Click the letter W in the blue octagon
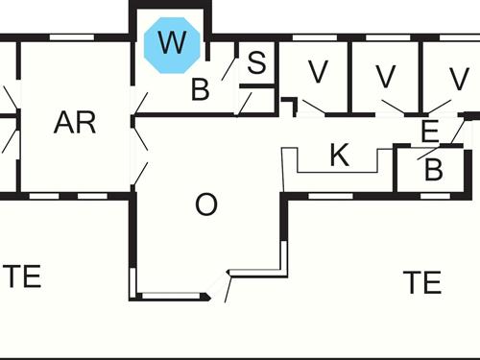point(172,43)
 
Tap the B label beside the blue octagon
point(200,91)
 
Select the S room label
point(255,64)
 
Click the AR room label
point(75,123)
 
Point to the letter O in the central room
point(205,204)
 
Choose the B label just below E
point(433,172)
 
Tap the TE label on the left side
point(21,277)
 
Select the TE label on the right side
point(421,282)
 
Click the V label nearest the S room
point(318,71)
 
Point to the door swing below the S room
point(246,100)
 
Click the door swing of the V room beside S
point(313,107)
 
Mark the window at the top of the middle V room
point(383,39)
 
